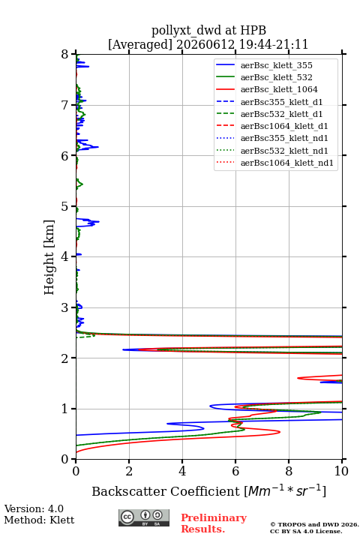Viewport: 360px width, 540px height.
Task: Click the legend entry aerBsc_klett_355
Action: click(x=276, y=65)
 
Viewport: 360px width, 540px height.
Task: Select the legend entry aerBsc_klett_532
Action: click(x=276, y=77)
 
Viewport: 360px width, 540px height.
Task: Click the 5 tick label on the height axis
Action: click(x=65, y=206)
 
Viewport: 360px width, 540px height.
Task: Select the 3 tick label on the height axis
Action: click(x=65, y=307)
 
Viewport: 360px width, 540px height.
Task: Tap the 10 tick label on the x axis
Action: click(x=341, y=471)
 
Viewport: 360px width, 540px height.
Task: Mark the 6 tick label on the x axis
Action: click(x=235, y=471)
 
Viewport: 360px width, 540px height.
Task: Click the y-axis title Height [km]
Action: click(x=49, y=257)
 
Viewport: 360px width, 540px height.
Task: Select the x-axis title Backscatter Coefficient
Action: click(x=165, y=491)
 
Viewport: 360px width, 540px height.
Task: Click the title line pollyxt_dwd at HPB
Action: click(x=208, y=30)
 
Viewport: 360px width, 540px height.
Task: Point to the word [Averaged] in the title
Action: click(x=139, y=44)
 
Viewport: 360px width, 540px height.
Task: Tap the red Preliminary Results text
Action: click(x=214, y=523)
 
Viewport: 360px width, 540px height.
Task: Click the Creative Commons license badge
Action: click(x=144, y=517)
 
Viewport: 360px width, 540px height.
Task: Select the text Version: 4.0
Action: click(x=34, y=508)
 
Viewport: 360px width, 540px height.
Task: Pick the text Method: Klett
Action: click(x=39, y=520)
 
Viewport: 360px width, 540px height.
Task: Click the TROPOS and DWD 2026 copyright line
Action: click(x=314, y=524)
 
